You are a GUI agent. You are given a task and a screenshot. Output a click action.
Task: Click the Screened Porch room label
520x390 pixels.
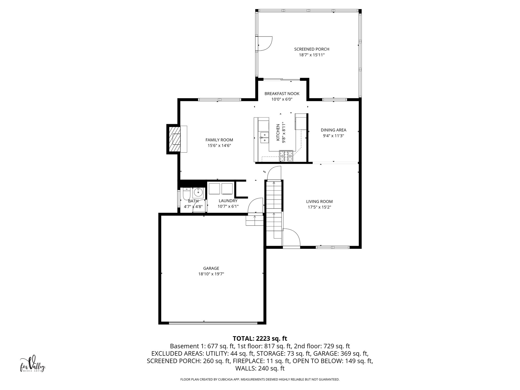click(x=312, y=49)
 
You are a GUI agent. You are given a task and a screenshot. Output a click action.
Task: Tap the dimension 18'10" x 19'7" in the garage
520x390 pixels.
click(x=211, y=274)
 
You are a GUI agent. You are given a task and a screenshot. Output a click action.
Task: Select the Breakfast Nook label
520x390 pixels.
click(x=282, y=94)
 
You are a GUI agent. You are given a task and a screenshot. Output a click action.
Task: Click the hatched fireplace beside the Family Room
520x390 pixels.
click(x=175, y=139)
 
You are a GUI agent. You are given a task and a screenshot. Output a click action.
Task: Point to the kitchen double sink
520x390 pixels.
click(x=264, y=137)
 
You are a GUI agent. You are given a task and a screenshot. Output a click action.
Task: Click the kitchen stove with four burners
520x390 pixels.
click(x=286, y=156)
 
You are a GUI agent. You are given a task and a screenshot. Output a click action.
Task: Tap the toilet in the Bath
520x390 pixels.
click(x=186, y=194)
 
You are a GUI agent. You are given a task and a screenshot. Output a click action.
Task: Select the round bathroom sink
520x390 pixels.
click(x=198, y=193)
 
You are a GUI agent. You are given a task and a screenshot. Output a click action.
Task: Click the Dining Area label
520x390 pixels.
click(x=333, y=130)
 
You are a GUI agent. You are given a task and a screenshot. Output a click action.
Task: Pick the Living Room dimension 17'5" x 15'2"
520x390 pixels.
click(x=319, y=207)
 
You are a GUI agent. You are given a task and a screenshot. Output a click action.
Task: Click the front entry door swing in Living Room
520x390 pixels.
click(x=291, y=238)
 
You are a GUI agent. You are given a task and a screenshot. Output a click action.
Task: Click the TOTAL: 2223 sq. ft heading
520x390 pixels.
click(x=260, y=338)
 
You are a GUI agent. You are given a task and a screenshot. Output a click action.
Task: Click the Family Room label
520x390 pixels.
click(x=219, y=140)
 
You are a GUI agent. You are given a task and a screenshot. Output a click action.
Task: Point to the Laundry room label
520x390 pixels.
click(x=228, y=201)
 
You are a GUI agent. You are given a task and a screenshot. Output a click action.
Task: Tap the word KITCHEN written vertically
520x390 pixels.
click(x=278, y=132)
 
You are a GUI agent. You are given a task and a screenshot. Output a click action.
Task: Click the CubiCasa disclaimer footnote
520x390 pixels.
click(x=260, y=379)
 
